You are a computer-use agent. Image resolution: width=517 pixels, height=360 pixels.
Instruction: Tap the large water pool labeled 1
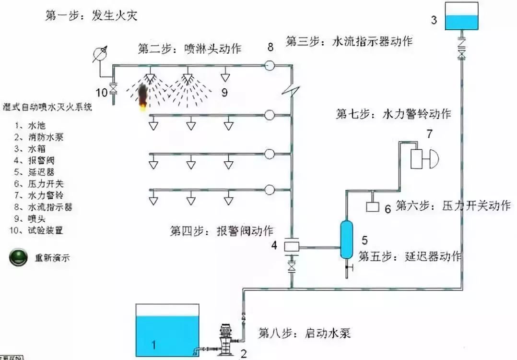pyautogui.click(x=167, y=331)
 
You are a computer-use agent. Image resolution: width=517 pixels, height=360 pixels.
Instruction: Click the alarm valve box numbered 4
pyautogui.click(x=291, y=246)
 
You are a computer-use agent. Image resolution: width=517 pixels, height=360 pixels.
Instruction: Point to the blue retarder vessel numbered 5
pyautogui.click(x=346, y=239)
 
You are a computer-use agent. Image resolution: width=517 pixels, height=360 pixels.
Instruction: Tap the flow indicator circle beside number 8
pyautogui.click(x=270, y=64)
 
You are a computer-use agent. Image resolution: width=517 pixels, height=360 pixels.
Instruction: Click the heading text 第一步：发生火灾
pyautogui.click(x=91, y=16)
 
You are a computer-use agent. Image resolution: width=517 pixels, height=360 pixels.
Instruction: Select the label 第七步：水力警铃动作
pyautogui.click(x=393, y=114)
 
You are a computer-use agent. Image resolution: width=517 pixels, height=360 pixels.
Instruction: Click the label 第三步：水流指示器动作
pyautogui.click(x=349, y=41)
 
